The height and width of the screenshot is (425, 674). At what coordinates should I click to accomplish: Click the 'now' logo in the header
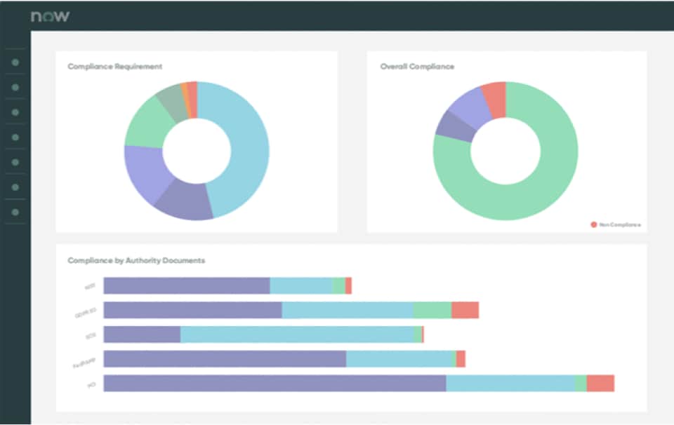point(50,16)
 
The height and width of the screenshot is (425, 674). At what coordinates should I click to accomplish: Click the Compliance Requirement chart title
point(114,67)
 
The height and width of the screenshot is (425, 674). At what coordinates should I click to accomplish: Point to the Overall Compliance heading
point(417,67)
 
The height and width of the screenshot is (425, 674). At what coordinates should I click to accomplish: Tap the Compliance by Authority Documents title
point(136,260)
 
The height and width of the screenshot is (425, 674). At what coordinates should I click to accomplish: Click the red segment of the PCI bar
point(600,383)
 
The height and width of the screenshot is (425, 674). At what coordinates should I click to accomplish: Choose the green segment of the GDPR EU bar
point(432,310)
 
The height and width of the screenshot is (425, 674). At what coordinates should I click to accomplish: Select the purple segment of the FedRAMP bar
point(225,359)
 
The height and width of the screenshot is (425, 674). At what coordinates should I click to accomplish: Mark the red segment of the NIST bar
point(348,285)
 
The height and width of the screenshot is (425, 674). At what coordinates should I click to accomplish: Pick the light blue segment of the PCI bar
point(510,383)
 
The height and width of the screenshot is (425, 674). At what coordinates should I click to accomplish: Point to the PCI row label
point(91,384)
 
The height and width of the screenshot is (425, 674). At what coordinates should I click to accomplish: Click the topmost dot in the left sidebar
point(15,62)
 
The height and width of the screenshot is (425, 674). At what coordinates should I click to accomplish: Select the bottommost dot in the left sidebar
point(15,212)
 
